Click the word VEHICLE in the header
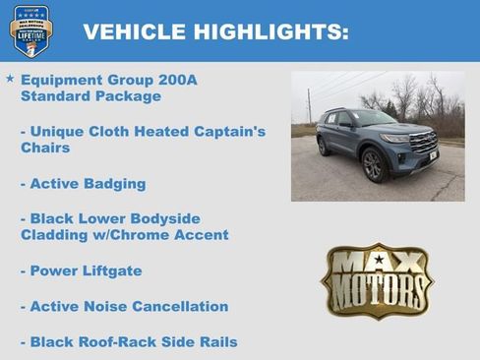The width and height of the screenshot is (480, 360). pos(131,31)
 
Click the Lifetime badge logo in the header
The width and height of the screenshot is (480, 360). pos(30,30)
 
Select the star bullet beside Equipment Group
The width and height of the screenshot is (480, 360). pos(10,78)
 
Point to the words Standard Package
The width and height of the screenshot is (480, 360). pos(90,96)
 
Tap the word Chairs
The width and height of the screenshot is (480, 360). pos(46,148)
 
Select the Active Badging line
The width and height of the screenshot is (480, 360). pos(83,183)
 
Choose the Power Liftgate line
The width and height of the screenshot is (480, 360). pos(81,270)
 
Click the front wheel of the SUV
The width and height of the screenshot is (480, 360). pos(373,166)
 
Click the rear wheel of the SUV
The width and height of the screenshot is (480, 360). pos(325,148)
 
